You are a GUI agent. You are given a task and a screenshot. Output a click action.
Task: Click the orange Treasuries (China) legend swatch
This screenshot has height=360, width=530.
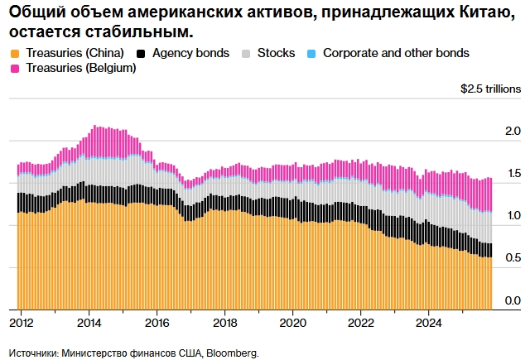tap(15, 53)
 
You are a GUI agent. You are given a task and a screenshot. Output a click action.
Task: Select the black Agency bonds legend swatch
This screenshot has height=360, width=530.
tap(142, 53)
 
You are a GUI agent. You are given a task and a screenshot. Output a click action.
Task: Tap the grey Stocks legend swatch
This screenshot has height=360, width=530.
tap(246, 53)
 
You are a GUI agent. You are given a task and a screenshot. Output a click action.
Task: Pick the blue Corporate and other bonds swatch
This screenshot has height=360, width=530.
tap(311, 53)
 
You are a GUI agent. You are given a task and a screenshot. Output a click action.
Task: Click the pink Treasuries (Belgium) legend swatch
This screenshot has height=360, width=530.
tap(15, 69)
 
